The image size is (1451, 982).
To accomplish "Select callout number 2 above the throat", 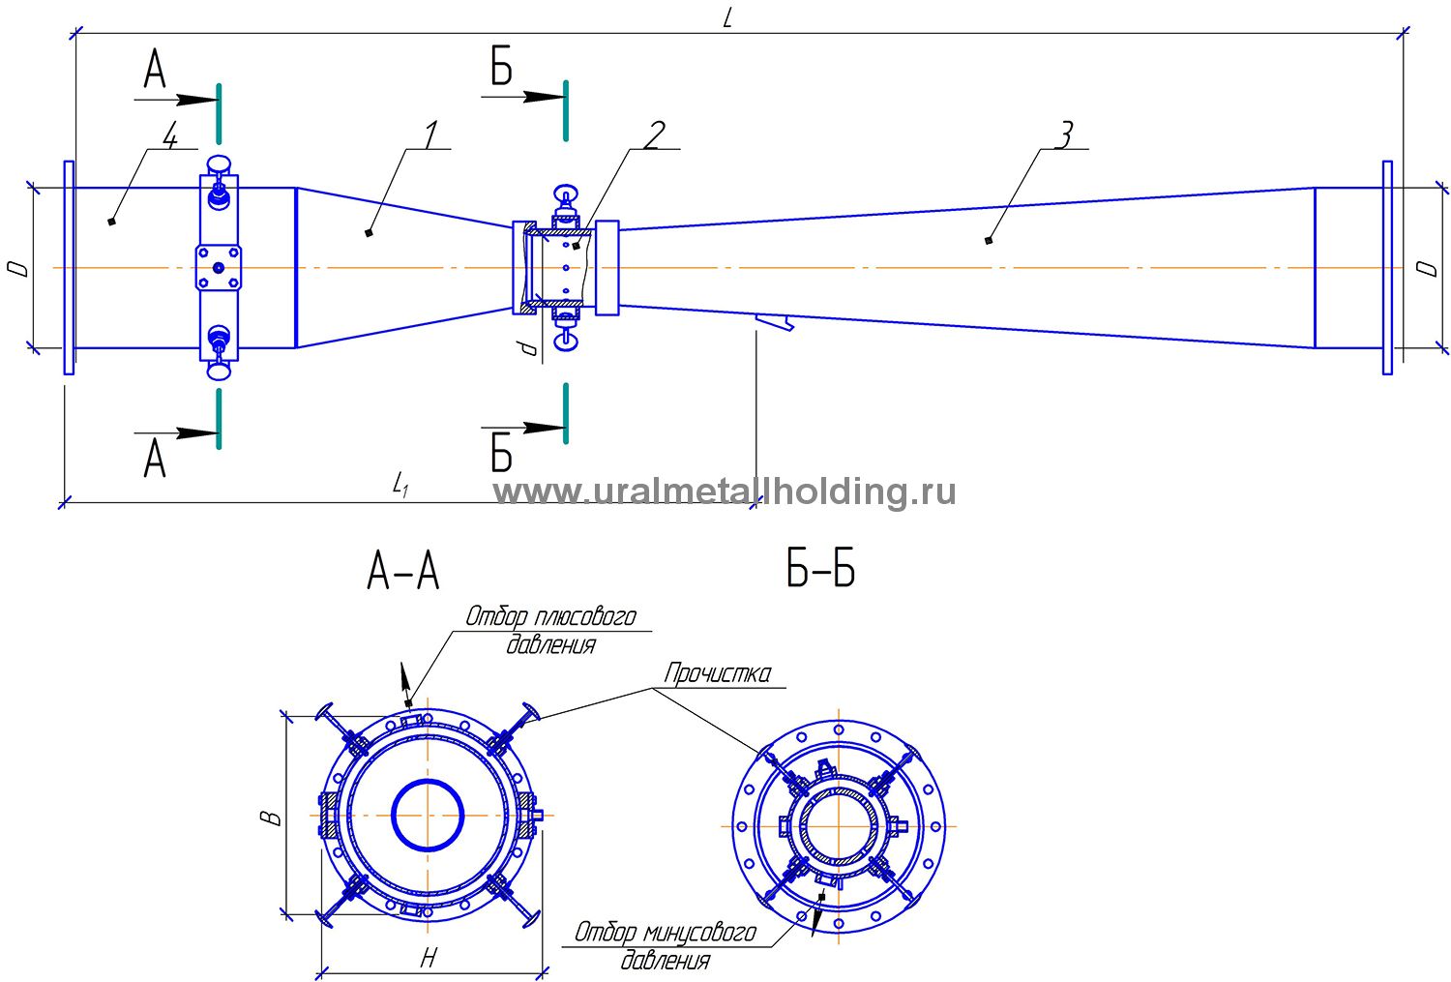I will (654, 135).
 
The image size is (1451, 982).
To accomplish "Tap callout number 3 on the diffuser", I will (1063, 135).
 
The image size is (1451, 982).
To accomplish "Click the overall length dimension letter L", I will (727, 19).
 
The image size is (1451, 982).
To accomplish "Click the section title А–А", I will (403, 571).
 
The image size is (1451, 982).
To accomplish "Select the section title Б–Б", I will (820, 571).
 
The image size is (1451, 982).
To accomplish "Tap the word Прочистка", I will (718, 673).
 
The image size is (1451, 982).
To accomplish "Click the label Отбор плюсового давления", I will (550, 630).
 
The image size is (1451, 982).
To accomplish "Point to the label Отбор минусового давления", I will (666, 946).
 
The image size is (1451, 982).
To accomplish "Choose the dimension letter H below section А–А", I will (429, 959).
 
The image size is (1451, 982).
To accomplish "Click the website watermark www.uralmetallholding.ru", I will (725, 491).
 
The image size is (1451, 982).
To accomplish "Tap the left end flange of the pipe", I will (69, 267).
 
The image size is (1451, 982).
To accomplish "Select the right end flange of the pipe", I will (1387, 267).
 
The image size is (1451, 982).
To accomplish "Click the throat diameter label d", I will (527, 346).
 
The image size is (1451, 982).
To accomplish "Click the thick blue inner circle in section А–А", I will (428, 815).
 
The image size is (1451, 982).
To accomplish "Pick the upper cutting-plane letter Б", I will (501, 69).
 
